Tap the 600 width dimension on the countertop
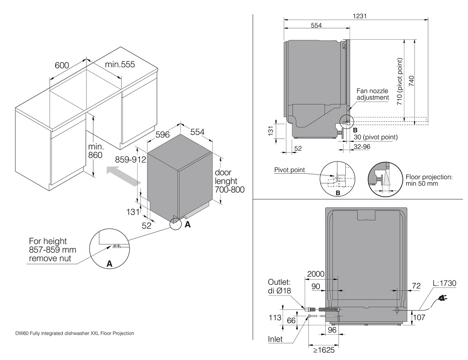(62, 65)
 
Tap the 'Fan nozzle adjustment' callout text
(373, 94)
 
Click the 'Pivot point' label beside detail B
(290, 170)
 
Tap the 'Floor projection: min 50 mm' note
(428, 181)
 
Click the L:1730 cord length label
(444, 283)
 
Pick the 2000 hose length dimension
(316, 274)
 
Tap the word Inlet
(275, 338)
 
